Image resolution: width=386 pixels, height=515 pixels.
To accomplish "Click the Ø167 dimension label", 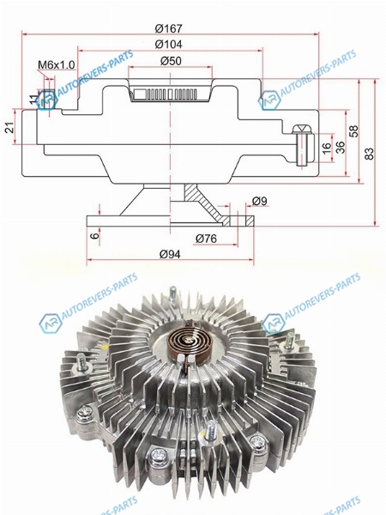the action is tap(168, 28).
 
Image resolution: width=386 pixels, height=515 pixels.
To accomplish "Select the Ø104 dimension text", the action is tap(168, 45).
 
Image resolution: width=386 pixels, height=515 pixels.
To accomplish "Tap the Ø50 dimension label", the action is tap(171, 61).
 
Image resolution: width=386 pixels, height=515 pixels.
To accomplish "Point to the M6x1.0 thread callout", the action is tap(57, 64).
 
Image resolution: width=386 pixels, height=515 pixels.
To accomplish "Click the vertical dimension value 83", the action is tap(369, 154).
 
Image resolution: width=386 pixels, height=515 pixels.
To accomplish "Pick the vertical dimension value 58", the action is tap(354, 130).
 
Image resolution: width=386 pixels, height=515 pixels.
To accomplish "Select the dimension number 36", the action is tap(341, 147).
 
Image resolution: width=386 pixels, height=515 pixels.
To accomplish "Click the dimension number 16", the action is tap(327, 148).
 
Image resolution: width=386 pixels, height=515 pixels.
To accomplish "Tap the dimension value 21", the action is tap(9, 127).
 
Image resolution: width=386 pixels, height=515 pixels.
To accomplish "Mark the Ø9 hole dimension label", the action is tap(259, 201).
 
